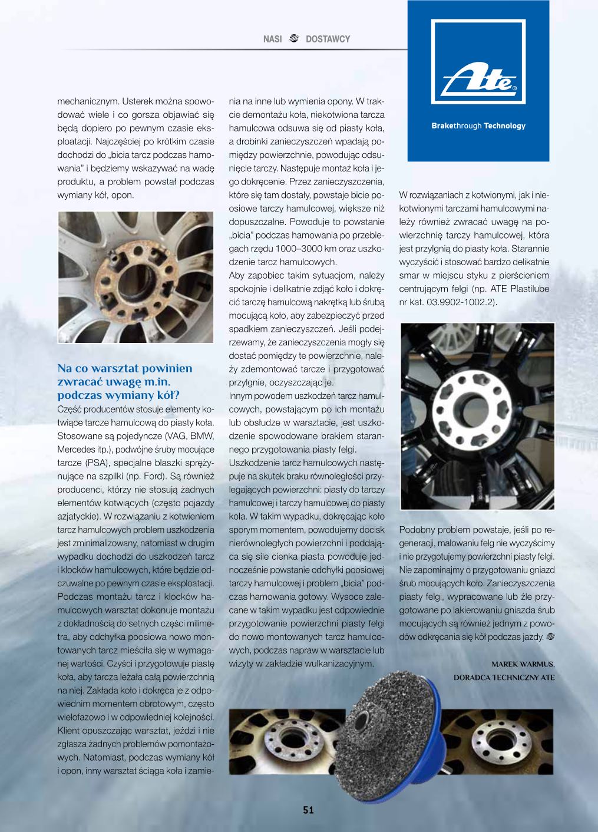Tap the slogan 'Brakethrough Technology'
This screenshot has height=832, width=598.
coord(478,126)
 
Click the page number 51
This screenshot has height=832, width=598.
coord(308,810)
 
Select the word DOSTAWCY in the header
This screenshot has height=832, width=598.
coord(328,39)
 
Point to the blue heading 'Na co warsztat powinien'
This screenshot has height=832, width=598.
coord(124,368)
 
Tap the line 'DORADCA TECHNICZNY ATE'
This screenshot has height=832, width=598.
coord(504,677)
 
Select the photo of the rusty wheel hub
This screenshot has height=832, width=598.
coord(136,278)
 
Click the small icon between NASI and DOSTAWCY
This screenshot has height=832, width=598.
coord(295,39)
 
